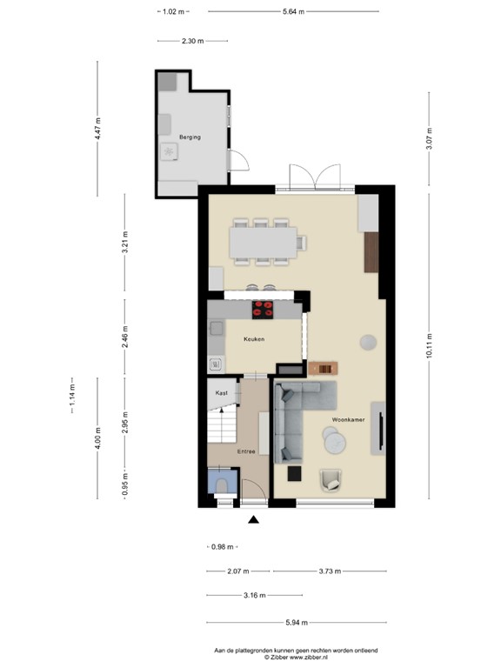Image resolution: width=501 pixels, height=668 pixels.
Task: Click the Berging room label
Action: (x=190, y=137)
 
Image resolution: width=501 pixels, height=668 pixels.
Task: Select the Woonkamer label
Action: (x=348, y=420)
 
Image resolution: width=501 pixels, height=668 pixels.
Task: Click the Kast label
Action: (x=222, y=393)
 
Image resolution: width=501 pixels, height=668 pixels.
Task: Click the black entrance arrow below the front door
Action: (x=254, y=520)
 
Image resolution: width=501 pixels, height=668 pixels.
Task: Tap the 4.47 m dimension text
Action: (x=98, y=131)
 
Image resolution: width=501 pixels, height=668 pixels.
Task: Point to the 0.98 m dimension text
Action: (x=224, y=546)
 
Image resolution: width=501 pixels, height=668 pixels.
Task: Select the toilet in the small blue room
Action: (x=220, y=484)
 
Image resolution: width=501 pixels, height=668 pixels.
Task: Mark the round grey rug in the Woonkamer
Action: (x=369, y=340)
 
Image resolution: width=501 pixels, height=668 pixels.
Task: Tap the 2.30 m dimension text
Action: (x=193, y=41)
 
